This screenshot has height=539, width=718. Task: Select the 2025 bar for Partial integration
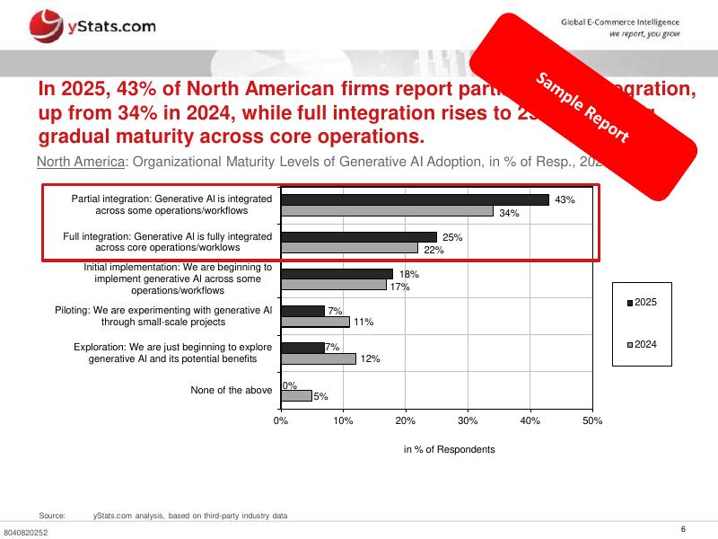(x=415, y=199)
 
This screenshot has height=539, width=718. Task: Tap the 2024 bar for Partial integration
(x=387, y=211)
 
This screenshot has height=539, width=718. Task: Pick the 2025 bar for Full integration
(x=358, y=236)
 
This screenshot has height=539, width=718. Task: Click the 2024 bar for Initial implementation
(x=333, y=285)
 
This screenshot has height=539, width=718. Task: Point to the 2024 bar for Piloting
(x=315, y=322)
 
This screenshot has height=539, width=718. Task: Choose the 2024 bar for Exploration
(x=318, y=358)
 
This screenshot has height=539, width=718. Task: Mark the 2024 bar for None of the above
(x=296, y=395)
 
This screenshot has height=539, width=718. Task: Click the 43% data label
(x=565, y=199)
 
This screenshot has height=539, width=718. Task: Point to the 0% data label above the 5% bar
(x=290, y=385)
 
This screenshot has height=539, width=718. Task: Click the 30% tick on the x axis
(x=468, y=420)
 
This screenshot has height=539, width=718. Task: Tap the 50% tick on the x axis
(x=592, y=420)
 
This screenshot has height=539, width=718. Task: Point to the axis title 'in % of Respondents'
(x=449, y=449)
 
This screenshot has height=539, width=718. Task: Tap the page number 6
(x=684, y=528)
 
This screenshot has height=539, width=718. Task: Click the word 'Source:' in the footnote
(x=52, y=516)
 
